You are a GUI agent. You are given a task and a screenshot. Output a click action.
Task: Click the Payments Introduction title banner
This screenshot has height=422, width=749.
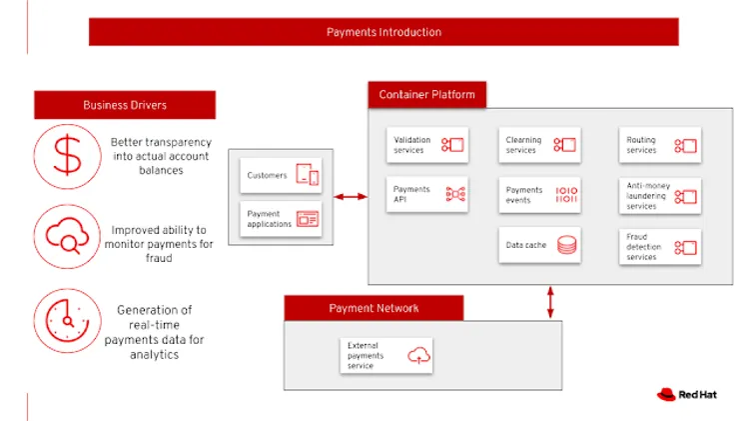tap(383, 32)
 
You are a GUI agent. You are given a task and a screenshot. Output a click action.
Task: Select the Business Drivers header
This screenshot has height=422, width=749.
tap(125, 105)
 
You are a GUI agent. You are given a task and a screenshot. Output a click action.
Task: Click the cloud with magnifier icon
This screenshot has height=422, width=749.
tap(67, 237)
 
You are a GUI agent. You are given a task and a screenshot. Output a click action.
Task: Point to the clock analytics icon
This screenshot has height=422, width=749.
tap(67, 319)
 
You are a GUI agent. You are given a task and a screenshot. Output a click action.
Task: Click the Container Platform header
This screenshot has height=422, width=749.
tap(426, 95)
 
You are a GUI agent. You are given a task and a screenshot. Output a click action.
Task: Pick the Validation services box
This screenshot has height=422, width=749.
tap(426, 145)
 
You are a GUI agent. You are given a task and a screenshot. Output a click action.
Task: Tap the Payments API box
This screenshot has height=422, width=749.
tap(426, 194)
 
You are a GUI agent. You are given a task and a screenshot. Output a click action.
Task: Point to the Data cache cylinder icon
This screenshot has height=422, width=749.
tap(566, 244)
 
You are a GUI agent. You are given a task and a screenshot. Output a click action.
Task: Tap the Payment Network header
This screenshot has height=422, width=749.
tap(374, 308)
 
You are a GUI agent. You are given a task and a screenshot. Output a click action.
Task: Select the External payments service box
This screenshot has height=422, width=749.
tap(386, 355)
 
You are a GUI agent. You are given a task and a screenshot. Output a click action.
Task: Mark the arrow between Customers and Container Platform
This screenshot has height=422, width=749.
tap(350, 197)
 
